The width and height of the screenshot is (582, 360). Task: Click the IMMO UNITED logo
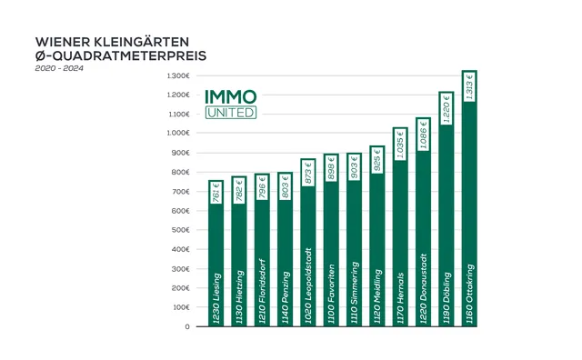point(231,104)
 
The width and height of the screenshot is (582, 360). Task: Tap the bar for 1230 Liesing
point(216,264)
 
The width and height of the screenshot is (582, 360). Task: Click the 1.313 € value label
point(469,87)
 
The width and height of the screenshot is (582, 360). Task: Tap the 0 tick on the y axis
point(186,326)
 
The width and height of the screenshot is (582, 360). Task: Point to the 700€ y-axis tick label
point(180,191)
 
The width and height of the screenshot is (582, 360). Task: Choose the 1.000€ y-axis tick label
point(178,133)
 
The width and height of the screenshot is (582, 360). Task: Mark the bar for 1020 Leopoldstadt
point(307,255)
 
